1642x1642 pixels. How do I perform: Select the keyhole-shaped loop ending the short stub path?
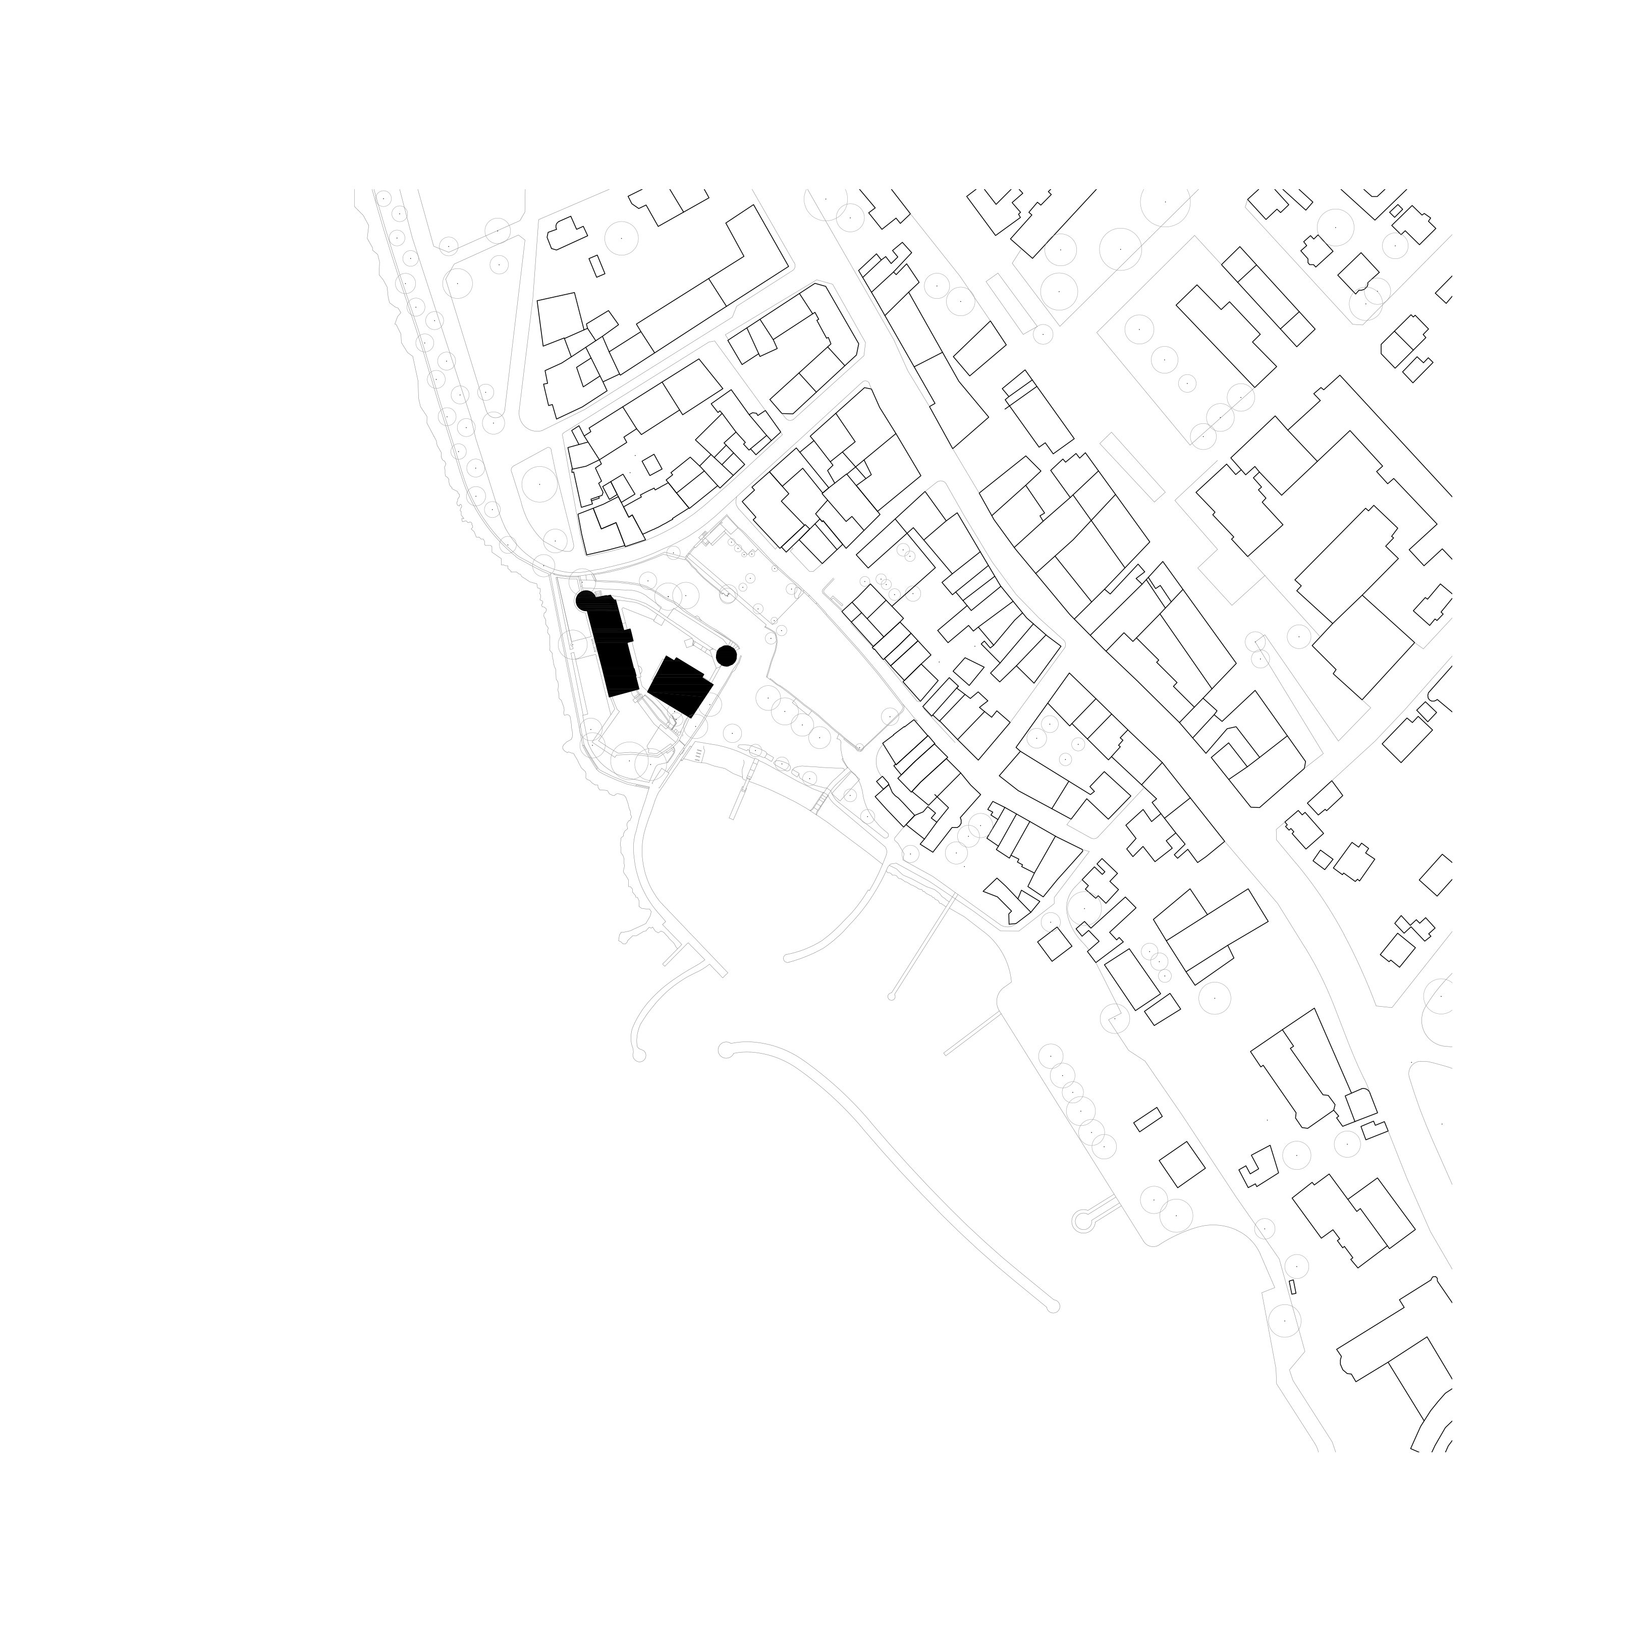click(x=1081, y=1221)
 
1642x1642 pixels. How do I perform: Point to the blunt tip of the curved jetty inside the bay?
click(x=788, y=959)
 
